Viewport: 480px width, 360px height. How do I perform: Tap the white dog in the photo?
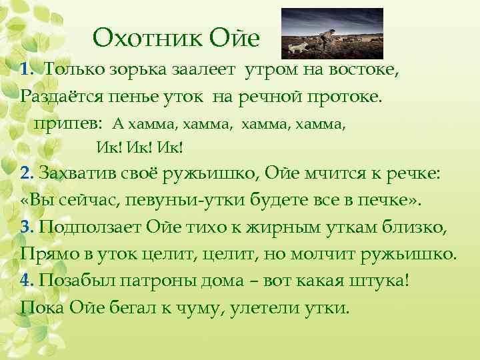click(297, 46)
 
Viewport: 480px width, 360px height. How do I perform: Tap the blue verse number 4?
click(27, 281)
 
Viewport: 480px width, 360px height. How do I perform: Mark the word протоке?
click(344, 97)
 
